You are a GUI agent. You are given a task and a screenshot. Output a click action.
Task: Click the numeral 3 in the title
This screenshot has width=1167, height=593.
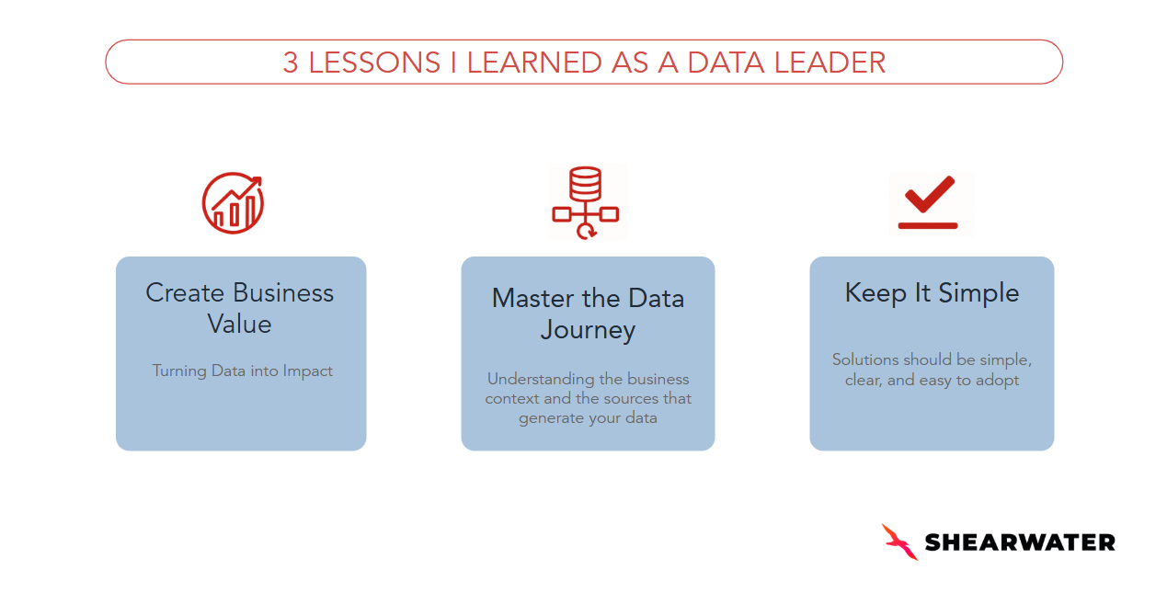click(x=291, y=63)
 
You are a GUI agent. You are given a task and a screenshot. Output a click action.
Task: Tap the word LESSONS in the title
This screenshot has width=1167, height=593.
click(x=374, y=63)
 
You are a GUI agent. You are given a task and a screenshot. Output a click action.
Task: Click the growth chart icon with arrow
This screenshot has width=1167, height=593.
click(x=233, y=203)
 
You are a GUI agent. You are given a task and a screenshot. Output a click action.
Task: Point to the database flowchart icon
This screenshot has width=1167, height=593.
click(x=586, y=202)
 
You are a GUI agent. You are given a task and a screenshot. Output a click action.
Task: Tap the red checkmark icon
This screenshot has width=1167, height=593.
click(x=930, y=195)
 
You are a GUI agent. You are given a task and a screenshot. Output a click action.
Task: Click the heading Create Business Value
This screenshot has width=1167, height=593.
click(x=240, y=308)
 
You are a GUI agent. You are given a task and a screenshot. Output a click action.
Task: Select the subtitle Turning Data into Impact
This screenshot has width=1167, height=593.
click(x=242, y=371)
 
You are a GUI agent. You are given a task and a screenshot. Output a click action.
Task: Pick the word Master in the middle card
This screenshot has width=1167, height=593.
click(x=533, y=298)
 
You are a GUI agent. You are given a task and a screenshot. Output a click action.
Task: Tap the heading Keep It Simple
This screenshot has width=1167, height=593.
click(x=932, y=293)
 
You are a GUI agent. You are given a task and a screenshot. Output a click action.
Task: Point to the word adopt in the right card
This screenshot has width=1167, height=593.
click(x=997, y=381)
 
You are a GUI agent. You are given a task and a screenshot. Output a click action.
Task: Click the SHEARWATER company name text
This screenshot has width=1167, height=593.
click(x=1020, y=542)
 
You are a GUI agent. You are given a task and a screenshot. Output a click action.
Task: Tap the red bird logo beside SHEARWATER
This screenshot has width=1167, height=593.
click(x=899, y=542)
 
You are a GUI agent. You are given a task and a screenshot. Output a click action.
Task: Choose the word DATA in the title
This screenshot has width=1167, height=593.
click(x=727, y=63)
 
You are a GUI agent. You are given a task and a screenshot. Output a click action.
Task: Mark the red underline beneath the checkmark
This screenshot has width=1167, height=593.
click(x=928, y=225)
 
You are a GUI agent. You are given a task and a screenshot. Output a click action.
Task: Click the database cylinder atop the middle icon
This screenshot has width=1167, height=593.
click(x=586, y=183)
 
